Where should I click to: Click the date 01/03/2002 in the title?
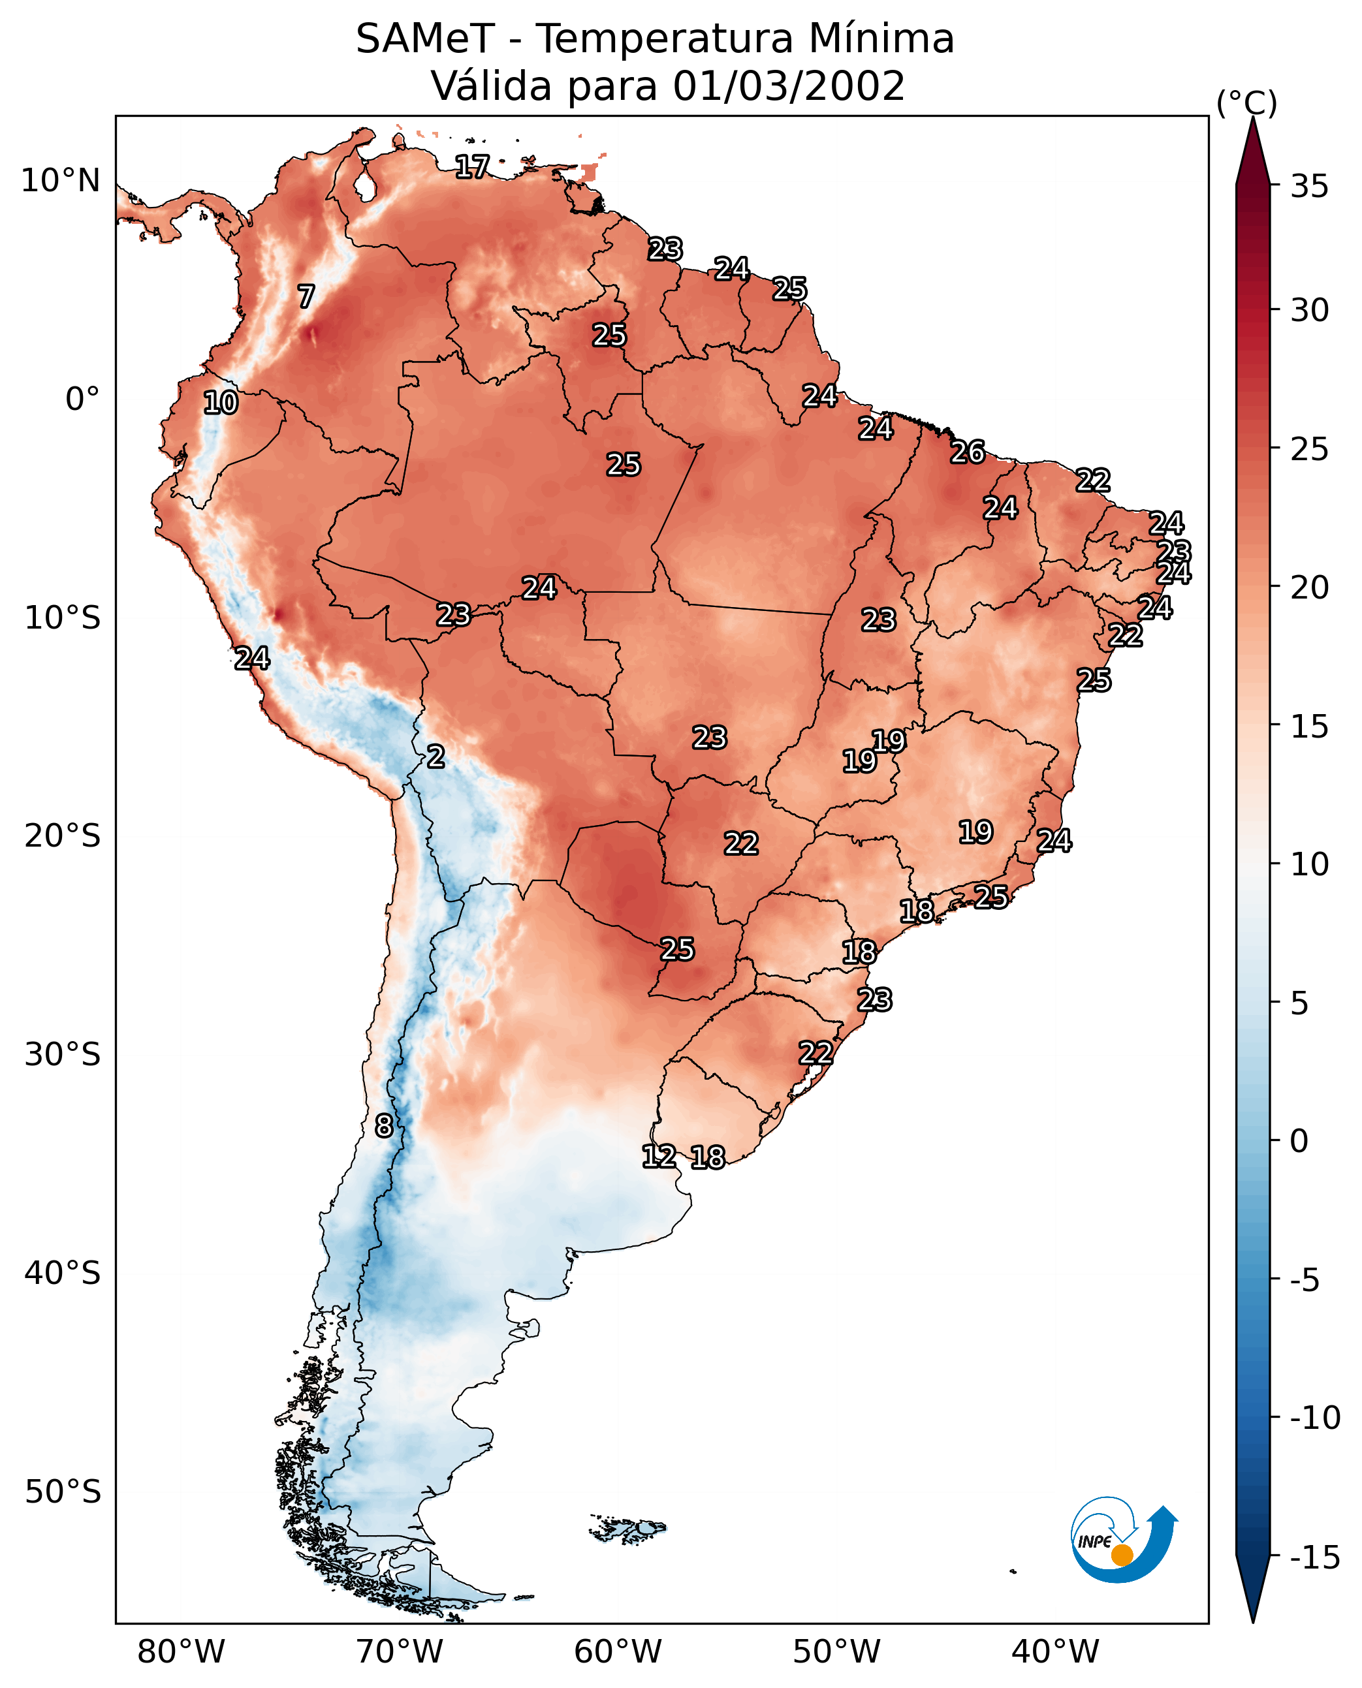789,86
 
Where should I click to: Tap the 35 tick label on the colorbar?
1309,187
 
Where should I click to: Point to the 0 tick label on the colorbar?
1299,1141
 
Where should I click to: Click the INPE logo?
1124,1540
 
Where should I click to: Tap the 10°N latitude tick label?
61,181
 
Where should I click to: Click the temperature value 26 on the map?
968,452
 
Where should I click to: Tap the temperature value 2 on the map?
436,756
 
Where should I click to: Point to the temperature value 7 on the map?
306,296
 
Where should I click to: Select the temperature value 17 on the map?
472,166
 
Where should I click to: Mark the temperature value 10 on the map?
221,402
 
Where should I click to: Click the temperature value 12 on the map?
659,1155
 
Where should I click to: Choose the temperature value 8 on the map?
384,1125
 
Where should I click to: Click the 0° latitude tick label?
82,399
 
